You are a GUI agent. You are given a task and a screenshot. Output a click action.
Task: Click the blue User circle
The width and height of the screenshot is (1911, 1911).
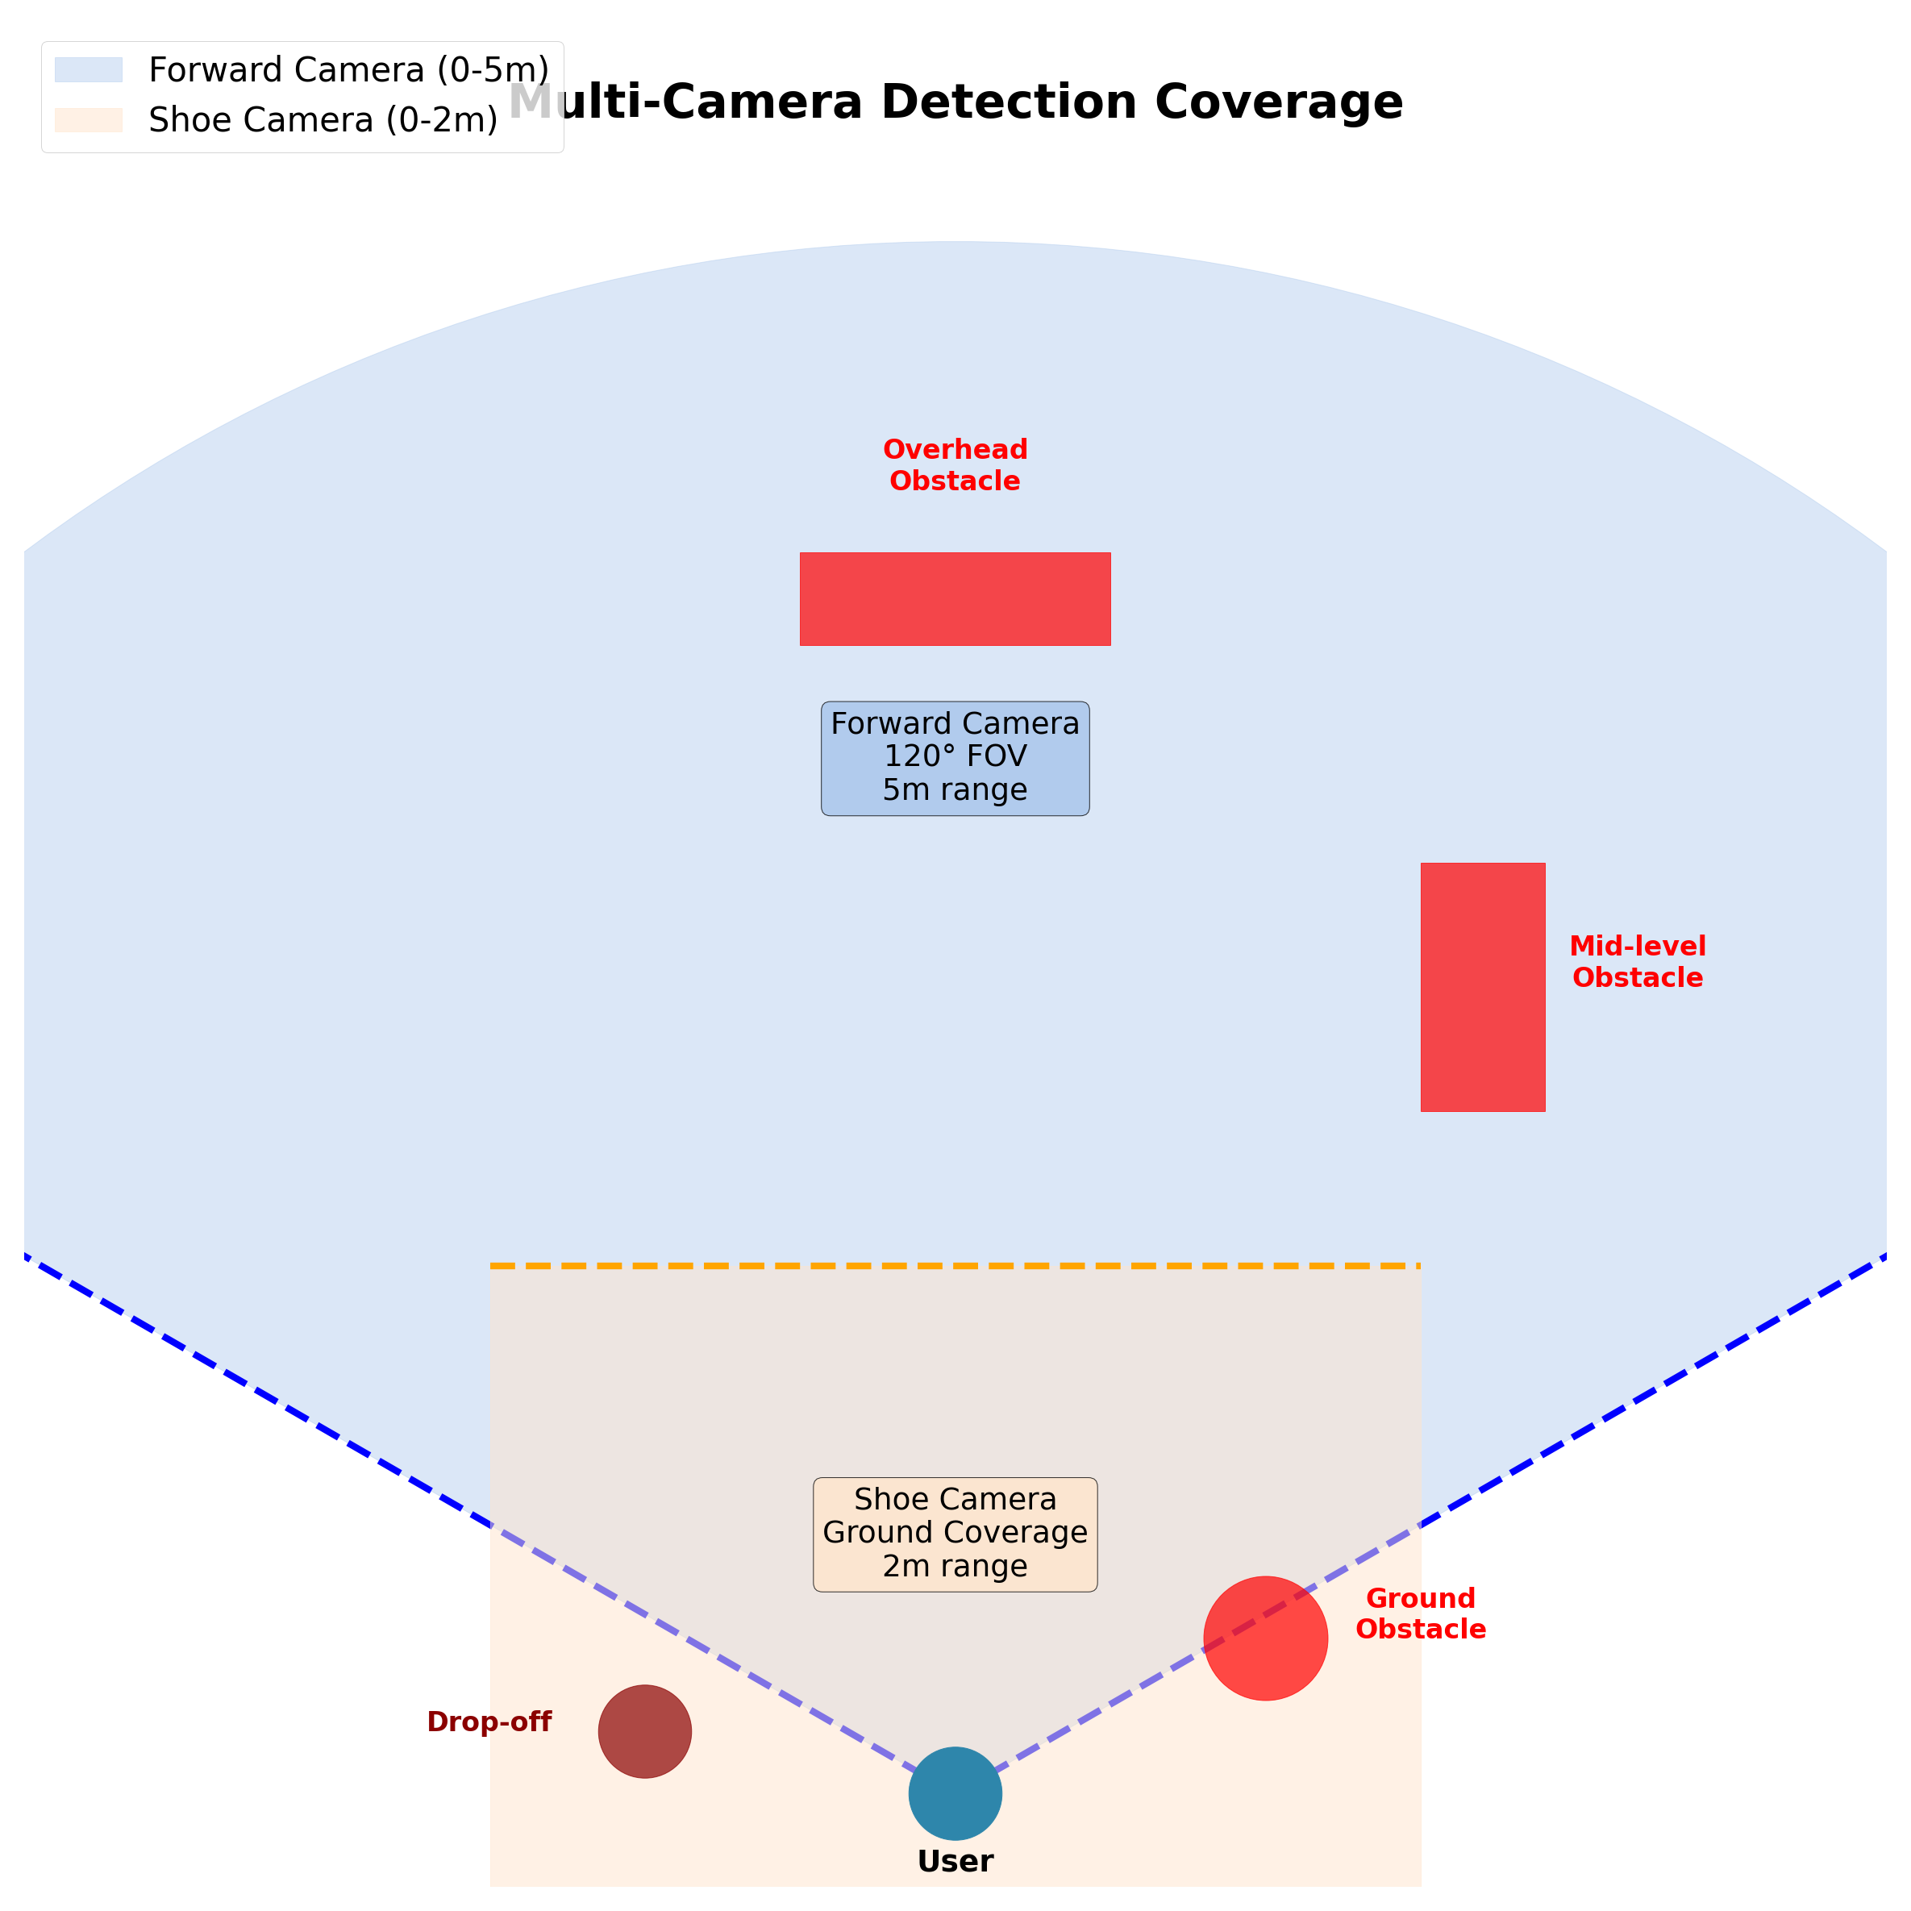point(955,1793)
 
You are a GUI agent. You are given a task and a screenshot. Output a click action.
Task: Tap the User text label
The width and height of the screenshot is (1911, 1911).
point(955,1862)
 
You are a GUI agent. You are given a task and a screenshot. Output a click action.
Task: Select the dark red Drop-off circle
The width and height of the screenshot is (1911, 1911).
point(645,1732)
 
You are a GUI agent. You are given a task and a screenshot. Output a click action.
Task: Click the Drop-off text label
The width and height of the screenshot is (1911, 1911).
point(489,1722)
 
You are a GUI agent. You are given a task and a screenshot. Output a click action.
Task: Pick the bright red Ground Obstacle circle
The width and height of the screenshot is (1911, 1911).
point(1265,1639)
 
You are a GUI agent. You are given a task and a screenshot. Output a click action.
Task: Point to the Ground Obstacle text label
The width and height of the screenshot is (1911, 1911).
point(1421,1614)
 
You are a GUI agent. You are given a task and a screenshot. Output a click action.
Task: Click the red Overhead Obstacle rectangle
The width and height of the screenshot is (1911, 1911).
point(955,598)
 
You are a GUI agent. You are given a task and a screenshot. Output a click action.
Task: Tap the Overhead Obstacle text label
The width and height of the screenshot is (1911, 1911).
point(955,465)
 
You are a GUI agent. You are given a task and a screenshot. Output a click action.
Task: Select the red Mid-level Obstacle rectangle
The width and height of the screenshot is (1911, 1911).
point(1483,987)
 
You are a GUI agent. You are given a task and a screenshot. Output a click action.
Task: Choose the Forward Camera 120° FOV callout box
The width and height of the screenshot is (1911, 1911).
point(955,759)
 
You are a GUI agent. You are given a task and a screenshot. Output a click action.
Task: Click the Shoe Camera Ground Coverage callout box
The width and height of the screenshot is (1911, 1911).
point(955,1534)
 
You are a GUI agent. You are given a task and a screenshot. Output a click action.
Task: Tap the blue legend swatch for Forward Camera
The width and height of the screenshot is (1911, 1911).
point(88,70)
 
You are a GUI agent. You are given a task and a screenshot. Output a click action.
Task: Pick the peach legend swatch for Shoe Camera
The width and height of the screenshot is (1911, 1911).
point(88,119)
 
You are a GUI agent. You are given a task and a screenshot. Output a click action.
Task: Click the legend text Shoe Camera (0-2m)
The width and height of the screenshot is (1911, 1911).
point(323,119)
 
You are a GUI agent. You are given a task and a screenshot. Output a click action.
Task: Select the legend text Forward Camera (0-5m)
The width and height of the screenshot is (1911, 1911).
point(348,70)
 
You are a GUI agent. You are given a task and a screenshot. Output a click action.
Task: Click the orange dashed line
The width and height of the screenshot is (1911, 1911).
point(955,1266)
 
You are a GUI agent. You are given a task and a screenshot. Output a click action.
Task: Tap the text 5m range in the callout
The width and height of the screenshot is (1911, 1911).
point(955,790)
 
